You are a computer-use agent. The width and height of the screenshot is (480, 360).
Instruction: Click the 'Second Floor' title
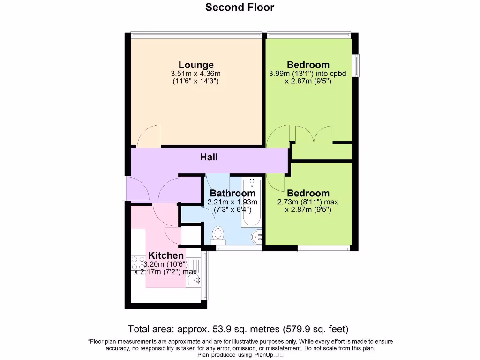240,7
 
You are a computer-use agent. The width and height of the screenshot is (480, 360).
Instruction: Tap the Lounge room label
196,65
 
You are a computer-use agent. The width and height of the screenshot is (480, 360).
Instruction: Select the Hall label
209,157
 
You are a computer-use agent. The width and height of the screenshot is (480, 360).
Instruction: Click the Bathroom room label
232,193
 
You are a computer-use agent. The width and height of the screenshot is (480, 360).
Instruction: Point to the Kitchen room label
166,255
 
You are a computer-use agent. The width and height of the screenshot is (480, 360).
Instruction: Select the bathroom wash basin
257,237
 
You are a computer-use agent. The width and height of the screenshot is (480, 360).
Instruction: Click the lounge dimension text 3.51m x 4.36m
196,74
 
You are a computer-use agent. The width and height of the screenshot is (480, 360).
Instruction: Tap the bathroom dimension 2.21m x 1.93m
232,202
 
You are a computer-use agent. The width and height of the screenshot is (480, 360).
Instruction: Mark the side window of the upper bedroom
356,65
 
